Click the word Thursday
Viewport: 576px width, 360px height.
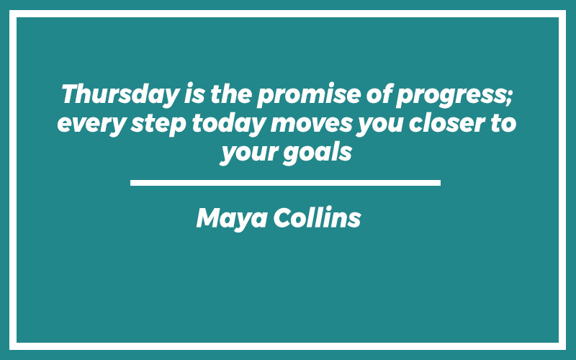(120, 95)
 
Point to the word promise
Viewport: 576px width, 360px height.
(309, 95)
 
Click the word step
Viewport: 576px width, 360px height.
(158, 124)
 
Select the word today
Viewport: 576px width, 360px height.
(228, 124)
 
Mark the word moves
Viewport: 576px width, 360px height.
(312, 124)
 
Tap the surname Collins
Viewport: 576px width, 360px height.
(317, 217)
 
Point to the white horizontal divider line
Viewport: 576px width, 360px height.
(285, 183)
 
